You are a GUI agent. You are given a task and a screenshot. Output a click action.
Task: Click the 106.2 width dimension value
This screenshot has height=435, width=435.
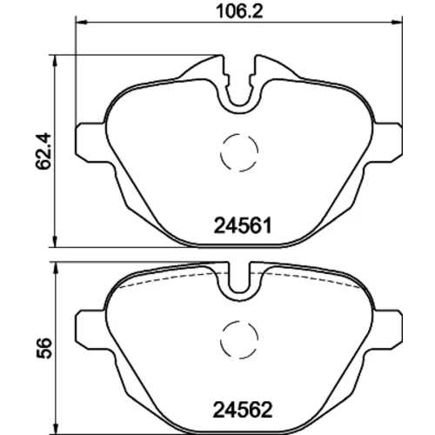click(239, 12)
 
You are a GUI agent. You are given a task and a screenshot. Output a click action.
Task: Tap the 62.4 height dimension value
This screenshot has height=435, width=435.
click(43, 151)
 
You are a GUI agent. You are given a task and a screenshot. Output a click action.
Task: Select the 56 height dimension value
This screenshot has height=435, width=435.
click(43, 348)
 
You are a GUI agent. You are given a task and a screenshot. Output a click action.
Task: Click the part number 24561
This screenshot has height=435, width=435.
click(243, 226)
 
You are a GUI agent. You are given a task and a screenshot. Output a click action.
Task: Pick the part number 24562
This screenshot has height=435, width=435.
click(243, 410)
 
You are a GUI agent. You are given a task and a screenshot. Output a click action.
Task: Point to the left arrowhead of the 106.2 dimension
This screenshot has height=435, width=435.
click(81, 22)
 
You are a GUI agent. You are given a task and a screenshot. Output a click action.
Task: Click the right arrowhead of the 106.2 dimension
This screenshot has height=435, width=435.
click(397, 22)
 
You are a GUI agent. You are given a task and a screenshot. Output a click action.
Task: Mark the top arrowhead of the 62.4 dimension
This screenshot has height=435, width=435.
click(54, 61)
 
